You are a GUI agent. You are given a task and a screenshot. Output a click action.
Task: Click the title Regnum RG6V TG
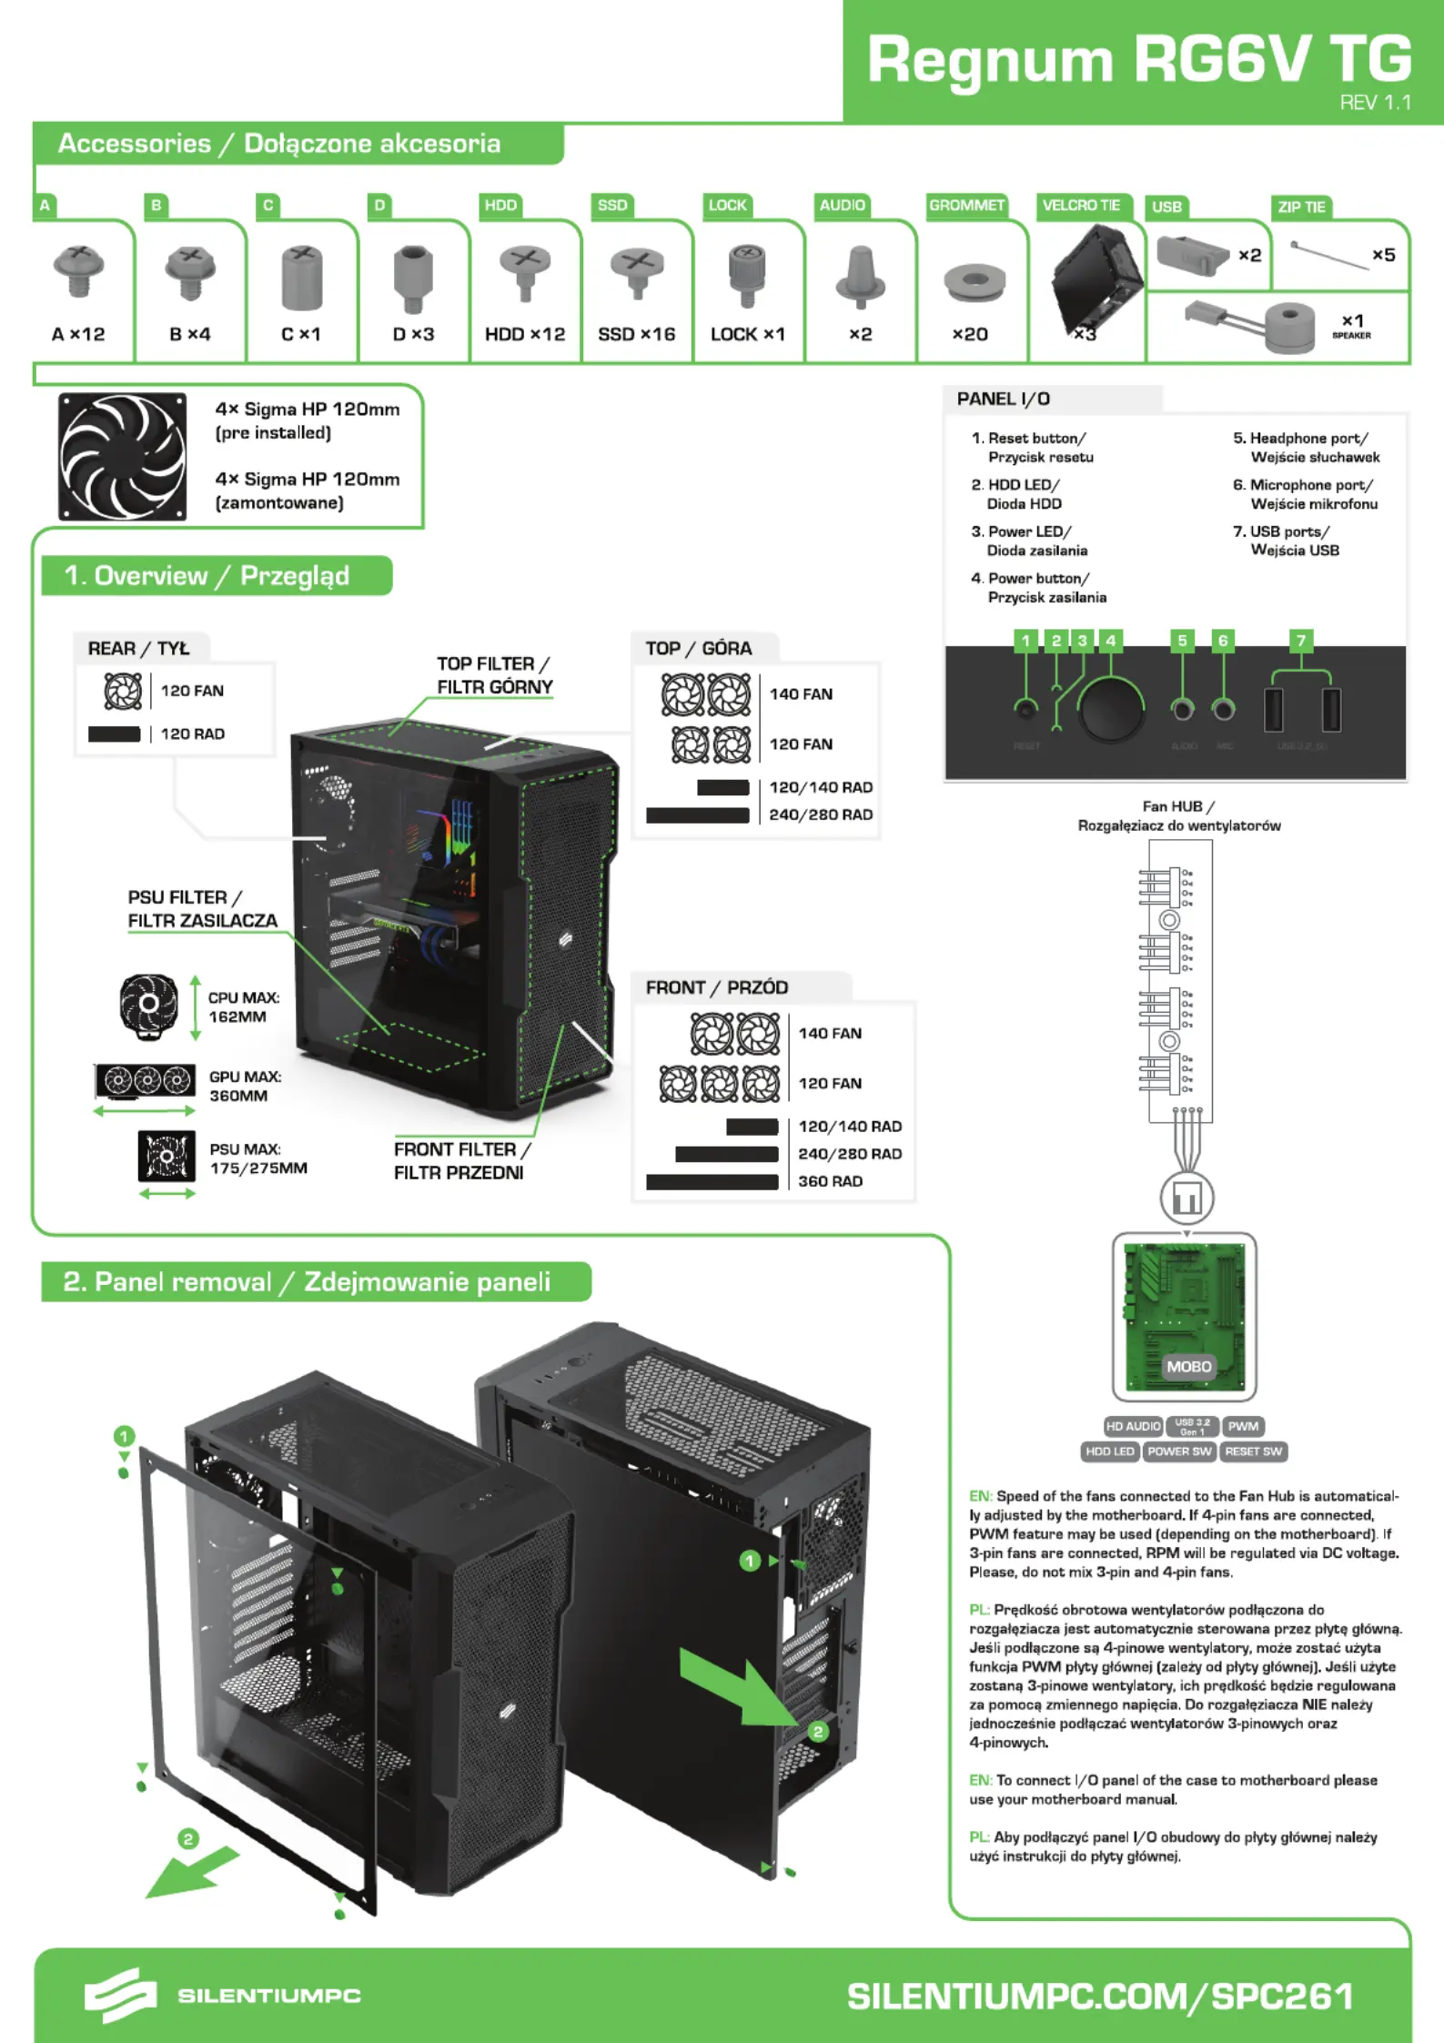tap(1138, 59)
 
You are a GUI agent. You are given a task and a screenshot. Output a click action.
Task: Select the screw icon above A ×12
tap(79, 270)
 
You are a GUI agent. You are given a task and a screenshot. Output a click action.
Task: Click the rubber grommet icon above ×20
tap(974, 283)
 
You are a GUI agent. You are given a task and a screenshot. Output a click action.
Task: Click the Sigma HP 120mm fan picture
tap(123, 456)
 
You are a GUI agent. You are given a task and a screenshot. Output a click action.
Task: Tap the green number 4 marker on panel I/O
tap(1110, 641)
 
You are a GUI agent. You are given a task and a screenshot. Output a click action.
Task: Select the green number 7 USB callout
tap(1301, 641)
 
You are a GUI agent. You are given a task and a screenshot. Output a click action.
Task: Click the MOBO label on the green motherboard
tap(1188, 1366)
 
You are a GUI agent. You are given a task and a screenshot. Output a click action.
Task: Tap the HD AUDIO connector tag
tap(1133, 1426)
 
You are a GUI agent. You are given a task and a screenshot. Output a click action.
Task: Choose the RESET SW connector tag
tap(1253, 1451)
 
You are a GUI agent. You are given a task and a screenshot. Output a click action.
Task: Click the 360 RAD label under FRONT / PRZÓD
tap(830, 1181)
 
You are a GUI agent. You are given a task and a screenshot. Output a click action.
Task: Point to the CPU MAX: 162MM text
tap(244, 1007)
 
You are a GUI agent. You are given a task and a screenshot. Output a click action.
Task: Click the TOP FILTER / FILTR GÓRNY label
tap(494, 675)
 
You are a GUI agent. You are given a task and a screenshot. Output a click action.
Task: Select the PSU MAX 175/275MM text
tap(257, 1158)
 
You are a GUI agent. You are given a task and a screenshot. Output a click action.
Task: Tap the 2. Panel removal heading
tap(307, 1282)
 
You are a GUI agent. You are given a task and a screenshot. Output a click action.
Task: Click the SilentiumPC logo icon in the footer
tap(120, 1996)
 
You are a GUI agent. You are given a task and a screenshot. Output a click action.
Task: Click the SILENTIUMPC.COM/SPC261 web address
tap(1100, 1997)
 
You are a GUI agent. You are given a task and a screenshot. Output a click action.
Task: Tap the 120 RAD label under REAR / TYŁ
tap(192, 733)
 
